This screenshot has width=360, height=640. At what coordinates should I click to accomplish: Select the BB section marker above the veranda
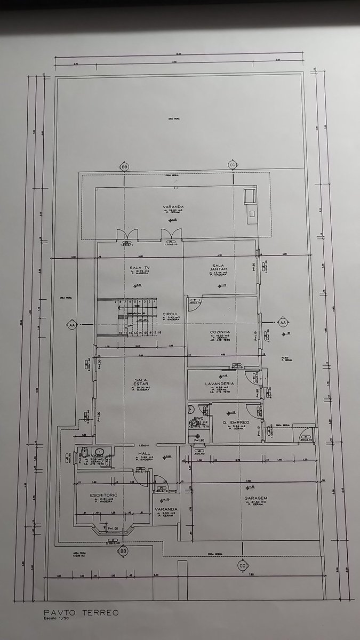click(x=125, y=166)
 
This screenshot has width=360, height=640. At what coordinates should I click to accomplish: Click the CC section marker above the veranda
click(x=232, y=164)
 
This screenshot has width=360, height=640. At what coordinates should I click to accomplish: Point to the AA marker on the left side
click(x=71, y=324)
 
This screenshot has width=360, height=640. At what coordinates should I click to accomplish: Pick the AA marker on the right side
click(x=283, y=323)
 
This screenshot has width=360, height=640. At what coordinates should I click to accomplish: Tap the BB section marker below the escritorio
click(x=123, y=550)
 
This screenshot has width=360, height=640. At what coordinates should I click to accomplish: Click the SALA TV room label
click(x=139, y=267)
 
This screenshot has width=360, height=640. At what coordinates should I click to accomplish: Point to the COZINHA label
click(x=220, y=332)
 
